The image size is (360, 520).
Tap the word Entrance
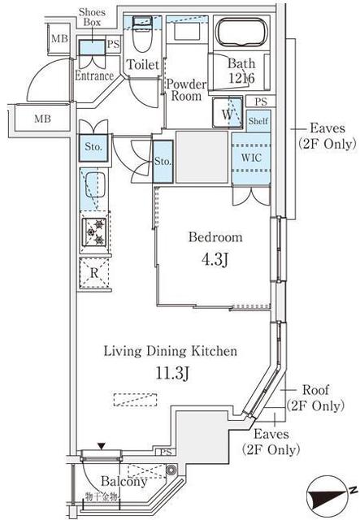pyautogui.click(x=93, y=76)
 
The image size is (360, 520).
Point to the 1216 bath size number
pyautogui.click(x=241, y=80)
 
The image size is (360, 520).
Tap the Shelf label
pyautogui.click(x=258, y=121)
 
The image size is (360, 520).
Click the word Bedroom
pyautogui.click(x=215, y=237)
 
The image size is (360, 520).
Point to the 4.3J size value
pyautogui.click(x=215, y=261)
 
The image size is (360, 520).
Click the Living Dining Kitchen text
pyautogui.click(x=170, y=352)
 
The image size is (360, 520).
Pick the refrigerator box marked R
pyautogui.click(x=95, y=273)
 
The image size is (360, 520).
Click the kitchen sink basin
pyautogui.click(x=95, y=186)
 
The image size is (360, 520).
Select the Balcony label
pyautogui.click(x=124, y=481)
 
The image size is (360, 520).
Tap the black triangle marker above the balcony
pyautogui.click(x=100, y=445)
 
